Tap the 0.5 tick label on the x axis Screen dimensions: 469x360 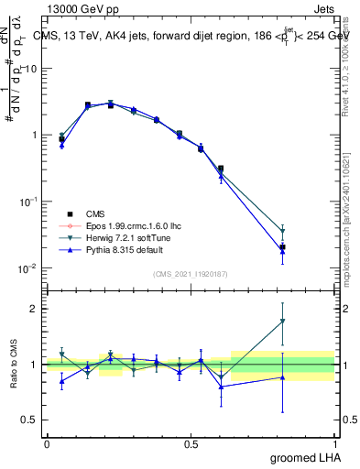191,443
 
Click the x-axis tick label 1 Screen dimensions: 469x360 334,443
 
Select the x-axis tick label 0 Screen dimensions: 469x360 47,443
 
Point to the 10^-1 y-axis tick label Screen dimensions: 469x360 28,202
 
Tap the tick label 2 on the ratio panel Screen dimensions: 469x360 34,309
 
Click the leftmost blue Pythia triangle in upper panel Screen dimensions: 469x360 61,145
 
